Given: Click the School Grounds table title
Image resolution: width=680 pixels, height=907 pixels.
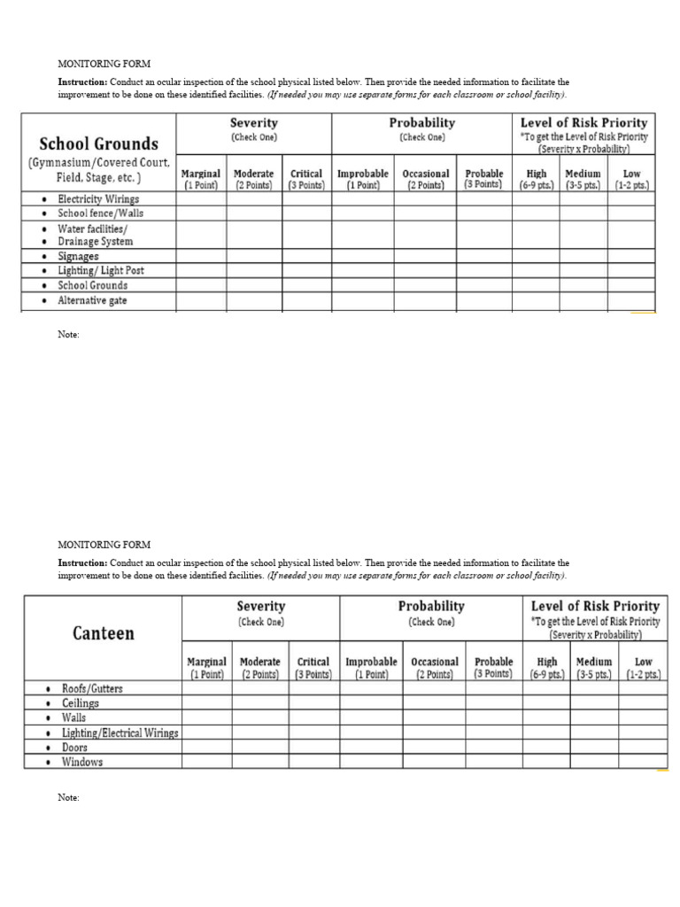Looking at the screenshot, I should [98, 143].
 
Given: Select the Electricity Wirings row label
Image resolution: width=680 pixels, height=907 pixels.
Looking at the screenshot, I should [97, 199].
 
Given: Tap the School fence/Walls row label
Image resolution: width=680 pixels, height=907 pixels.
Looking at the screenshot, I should [100, 213].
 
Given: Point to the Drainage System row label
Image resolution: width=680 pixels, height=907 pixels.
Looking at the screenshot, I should [95, 242].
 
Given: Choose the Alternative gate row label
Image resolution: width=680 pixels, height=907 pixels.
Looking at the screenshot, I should [92, 300].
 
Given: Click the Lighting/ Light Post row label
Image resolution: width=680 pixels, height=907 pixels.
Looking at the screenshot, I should [100, 271].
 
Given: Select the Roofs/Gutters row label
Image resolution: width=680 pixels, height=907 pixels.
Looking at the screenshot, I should [92, 688].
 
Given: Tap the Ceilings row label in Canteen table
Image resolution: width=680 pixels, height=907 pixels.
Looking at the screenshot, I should [80, 703].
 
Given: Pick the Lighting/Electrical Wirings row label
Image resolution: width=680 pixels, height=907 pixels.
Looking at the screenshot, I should [120, 733].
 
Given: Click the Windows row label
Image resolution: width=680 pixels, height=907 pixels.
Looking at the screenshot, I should [81, 762].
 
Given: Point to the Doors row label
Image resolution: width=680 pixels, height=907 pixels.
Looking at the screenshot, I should [74, 748].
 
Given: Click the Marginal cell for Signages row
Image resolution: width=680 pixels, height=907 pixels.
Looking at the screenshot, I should [201, 256].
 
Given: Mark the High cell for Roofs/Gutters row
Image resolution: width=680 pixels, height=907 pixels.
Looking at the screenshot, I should [547, 688].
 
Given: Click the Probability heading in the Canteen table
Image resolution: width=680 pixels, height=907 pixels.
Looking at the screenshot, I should [431, 607].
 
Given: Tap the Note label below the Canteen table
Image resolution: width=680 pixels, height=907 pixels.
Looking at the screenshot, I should [68, 798].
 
